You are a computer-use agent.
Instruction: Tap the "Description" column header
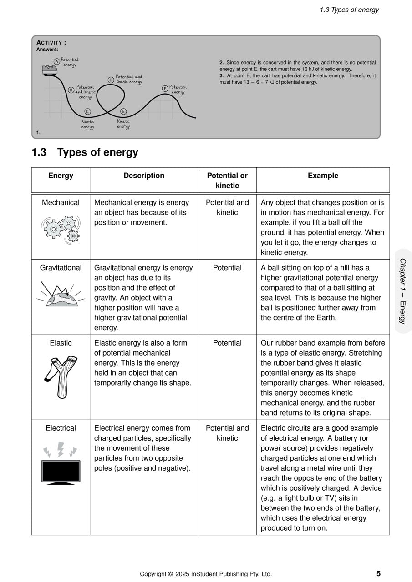144,176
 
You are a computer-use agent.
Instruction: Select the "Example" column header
323,176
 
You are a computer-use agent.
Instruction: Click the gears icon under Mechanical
61,229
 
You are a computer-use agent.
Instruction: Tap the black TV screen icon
61,472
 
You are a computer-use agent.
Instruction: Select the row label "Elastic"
61,343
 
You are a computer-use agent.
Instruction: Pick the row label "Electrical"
61,428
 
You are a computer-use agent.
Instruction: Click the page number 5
378,574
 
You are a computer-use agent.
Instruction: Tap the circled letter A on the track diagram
56,61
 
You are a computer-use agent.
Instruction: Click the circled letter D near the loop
111,80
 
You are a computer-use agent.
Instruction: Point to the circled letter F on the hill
165,88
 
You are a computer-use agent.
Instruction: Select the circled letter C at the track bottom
87,111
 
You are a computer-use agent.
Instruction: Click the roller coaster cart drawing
50,70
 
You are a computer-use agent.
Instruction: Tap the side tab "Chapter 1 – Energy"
402,291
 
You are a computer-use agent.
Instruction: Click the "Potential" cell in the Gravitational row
227,268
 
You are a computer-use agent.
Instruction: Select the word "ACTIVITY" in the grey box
51,43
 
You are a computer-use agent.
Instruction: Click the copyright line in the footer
206,574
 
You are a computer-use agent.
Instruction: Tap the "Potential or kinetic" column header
227,181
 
